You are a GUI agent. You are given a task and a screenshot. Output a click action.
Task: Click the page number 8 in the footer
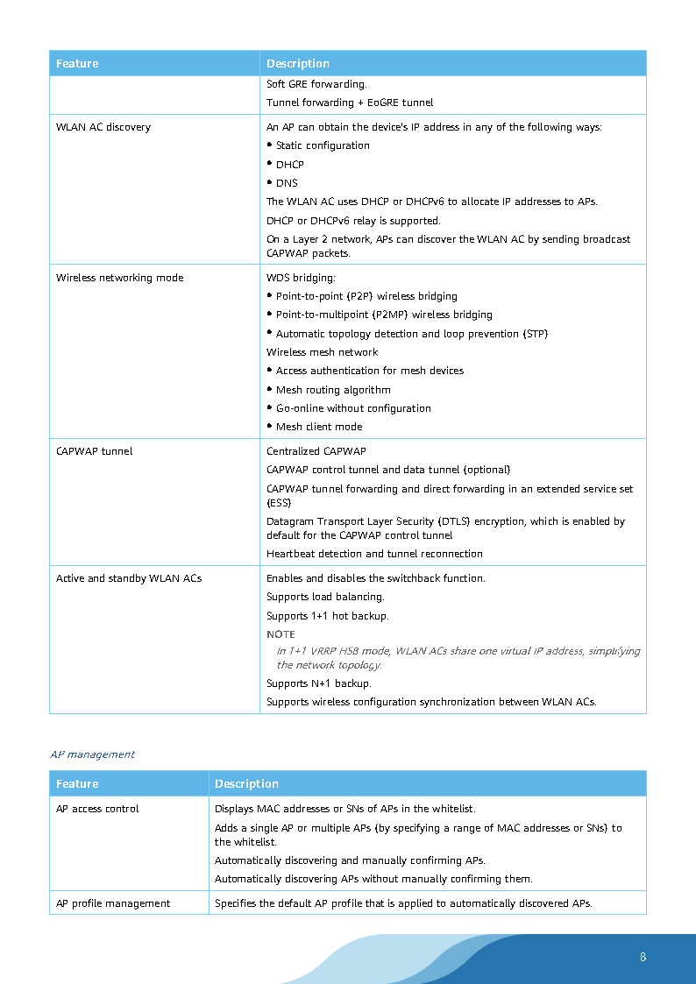643,957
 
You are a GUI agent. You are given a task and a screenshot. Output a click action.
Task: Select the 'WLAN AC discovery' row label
103,127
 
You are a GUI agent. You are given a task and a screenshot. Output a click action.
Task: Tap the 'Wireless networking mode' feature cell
120,278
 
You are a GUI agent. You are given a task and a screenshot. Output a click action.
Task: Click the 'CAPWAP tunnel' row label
95,451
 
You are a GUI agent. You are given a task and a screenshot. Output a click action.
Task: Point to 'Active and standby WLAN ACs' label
129,578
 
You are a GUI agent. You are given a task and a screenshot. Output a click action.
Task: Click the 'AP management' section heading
93,754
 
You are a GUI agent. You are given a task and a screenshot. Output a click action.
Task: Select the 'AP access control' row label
97,809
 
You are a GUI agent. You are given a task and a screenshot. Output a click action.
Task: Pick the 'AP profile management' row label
113,903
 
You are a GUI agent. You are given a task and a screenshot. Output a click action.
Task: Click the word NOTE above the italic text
281,634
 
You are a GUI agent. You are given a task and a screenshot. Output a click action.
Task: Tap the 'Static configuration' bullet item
323,145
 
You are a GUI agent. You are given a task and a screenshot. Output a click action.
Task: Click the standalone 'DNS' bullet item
287,183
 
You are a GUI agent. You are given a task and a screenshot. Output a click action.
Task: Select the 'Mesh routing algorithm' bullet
333,390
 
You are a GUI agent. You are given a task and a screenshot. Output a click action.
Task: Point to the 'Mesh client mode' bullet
319,427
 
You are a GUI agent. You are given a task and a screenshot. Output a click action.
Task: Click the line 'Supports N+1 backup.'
319,683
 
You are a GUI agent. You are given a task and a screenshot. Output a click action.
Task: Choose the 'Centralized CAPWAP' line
316,451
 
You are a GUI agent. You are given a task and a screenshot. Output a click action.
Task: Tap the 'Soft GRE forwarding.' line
316,84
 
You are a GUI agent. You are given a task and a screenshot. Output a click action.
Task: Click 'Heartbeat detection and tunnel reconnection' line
374,554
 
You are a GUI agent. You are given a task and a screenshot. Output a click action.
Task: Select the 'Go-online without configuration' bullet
353,408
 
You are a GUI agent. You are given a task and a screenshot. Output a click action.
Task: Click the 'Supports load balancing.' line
325,597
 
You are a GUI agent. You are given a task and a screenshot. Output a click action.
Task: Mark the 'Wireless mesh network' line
323,352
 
